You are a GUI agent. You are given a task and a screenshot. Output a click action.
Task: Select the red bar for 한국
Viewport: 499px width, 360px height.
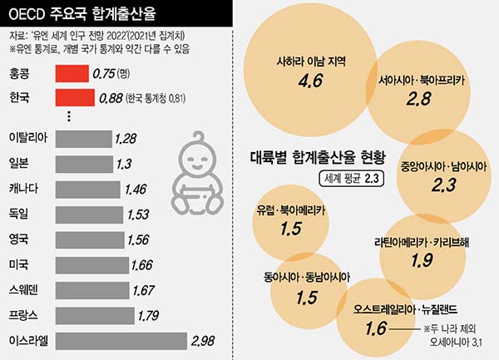[x=73, y=98]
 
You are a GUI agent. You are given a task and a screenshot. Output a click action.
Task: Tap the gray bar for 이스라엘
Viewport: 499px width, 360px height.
[x=120, y=340]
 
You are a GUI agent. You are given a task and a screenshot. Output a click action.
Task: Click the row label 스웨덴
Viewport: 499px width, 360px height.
[x=24, y=290]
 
